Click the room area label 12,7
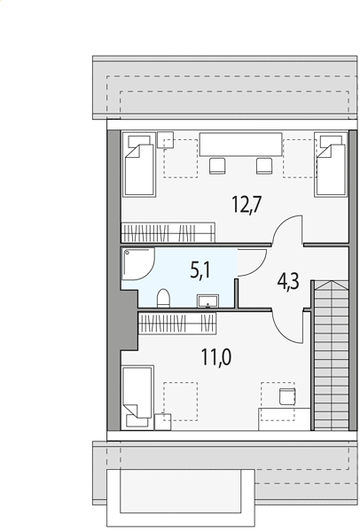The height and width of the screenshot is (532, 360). [x=247, y=205]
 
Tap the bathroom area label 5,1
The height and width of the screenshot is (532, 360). [x=200, y=270]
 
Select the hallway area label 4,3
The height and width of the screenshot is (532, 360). [x=288, y=281]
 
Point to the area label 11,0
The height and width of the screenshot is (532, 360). [x=216, y=357]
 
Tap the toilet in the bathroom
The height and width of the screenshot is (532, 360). [x=163, y=298]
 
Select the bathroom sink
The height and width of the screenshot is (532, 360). [x=207, y=301]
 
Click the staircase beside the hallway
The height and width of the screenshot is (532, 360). [x=331, y=355]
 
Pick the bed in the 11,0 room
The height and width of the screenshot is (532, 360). [x=138, y=397]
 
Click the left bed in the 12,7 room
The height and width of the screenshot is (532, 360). [x=139, y=165]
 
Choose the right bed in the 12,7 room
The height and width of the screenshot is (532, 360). [x=331, y=165]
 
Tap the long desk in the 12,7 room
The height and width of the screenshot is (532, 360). [x=240, y=145]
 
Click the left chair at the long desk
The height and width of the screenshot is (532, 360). [x=217, y=166]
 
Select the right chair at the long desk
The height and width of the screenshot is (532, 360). [x=264, y=166]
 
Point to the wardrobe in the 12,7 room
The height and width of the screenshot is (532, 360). [x=168, y=232]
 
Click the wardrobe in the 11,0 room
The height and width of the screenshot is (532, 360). [x=177, y=323]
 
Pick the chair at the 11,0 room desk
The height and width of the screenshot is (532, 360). [x=287, y=396]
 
